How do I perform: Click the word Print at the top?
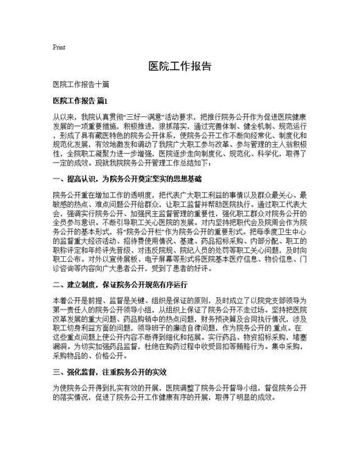58,47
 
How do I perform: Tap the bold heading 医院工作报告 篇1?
81,100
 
